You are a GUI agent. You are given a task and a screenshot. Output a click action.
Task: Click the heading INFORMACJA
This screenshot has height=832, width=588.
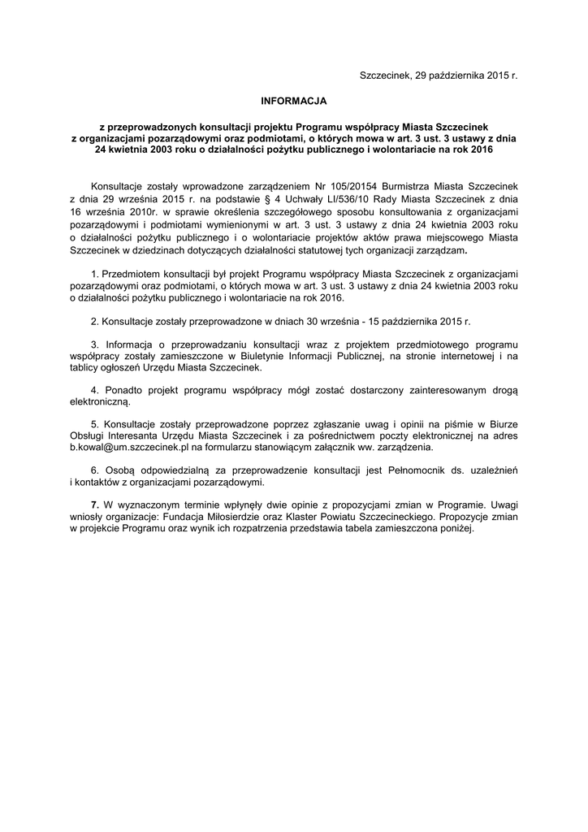point(293,102)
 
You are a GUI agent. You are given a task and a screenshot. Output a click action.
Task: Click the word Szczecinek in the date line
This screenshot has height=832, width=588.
point(385,76)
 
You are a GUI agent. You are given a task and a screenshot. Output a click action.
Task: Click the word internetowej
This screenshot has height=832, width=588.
point(465,356)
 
